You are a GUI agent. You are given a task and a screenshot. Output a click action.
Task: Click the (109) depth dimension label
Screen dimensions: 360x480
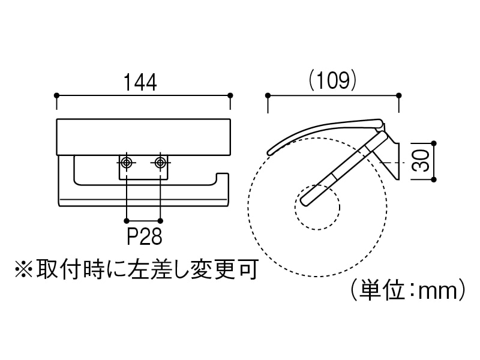coord(334,80)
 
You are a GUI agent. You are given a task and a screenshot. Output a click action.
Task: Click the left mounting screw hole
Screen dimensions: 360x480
coord(127,163)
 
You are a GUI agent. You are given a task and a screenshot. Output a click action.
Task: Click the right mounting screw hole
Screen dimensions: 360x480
coord(160,163)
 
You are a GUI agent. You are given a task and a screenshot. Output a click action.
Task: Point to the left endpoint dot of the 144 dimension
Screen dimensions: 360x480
coord(56,95)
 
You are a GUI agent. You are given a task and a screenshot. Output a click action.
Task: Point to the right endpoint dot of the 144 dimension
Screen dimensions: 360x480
coord(230,95)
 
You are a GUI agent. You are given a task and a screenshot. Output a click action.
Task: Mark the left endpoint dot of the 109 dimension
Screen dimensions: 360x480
coord(268,95)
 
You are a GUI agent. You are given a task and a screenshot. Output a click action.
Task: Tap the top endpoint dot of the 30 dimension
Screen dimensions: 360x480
coord(434,144)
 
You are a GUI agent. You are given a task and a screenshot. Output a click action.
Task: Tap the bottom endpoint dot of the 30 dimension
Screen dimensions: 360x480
coord(434,179)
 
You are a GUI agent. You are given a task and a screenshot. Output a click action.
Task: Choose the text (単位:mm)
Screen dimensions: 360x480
coord(409,292)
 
